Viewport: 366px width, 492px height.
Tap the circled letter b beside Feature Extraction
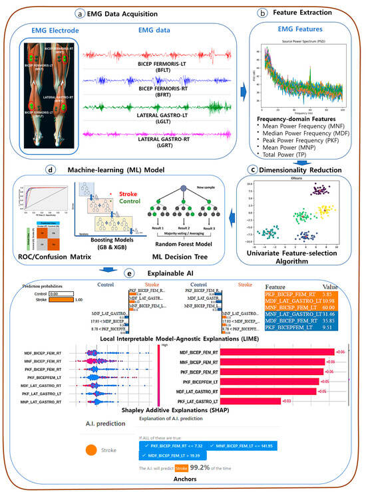tap(262, 12)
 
